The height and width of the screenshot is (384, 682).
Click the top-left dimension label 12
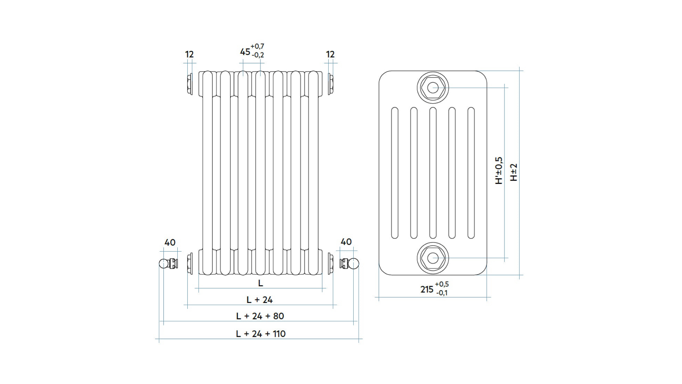click(190, 54)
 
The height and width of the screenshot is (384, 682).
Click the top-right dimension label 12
click(331, 54)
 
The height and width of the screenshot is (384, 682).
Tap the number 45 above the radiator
click(245, 52)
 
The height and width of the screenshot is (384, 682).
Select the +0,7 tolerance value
click(258, 46)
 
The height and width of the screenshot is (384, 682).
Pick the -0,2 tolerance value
click(258, 55)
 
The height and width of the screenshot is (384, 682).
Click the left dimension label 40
click(170, 243)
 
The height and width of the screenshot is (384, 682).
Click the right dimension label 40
click(346, 242)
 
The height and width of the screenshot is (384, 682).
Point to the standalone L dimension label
click(261, 283)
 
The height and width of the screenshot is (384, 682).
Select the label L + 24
click(260, 300)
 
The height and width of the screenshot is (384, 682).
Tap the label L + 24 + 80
click(260, 316)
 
